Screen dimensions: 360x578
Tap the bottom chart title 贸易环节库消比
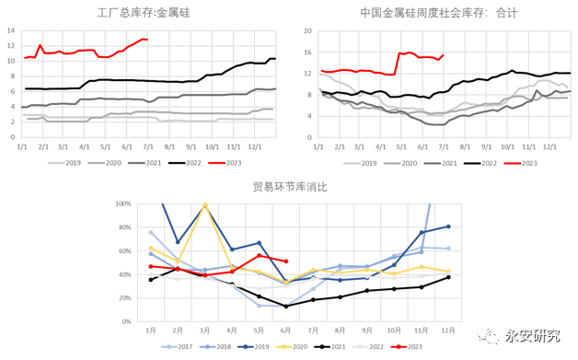click(x=289, y=187)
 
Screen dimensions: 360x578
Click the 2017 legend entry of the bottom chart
click(x=180, y=345)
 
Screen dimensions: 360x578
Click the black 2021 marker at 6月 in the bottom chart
click(x=286, y=306)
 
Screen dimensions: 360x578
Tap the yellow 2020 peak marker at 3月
click(x=205, y=204)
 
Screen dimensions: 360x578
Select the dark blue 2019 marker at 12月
click(x=448, y=226)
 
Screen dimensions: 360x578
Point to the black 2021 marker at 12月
click(x=448, y=277)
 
